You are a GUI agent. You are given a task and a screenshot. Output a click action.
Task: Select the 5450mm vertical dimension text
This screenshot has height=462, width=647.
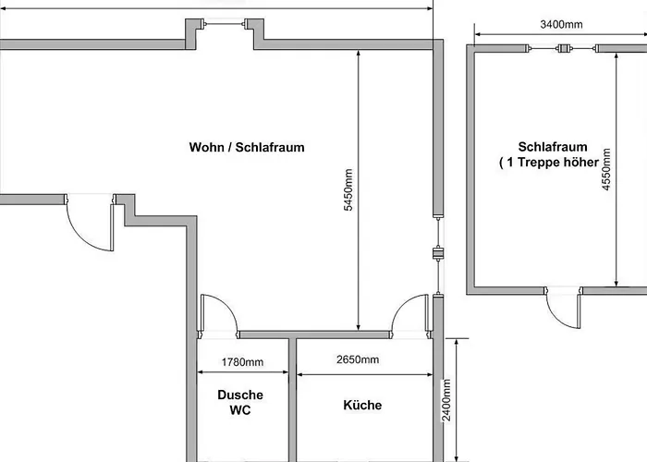coord(348,190)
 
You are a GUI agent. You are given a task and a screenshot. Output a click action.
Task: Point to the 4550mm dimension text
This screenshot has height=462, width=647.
coord(605,168)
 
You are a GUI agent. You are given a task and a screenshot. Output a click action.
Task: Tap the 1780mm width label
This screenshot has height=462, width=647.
coord(243,361)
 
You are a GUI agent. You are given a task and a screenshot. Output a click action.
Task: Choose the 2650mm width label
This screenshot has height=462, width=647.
coord(356,360)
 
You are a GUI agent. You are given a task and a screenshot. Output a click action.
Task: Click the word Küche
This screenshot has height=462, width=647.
coord(362,405)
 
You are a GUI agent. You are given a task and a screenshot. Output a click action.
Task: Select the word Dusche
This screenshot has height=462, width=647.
coord(240,395)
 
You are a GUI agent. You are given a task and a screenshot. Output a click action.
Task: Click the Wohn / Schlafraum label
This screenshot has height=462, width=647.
coord(247,147)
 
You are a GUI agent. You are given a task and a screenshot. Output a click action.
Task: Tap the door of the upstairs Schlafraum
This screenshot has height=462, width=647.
coord(563,309)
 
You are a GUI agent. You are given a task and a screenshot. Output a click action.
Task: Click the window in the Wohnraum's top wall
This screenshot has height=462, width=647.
coord(223,23)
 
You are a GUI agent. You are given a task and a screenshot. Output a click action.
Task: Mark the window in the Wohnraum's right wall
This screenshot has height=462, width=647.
coord(438,254)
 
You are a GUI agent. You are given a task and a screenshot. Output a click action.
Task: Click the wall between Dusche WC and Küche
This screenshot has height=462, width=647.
coord(293,397)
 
